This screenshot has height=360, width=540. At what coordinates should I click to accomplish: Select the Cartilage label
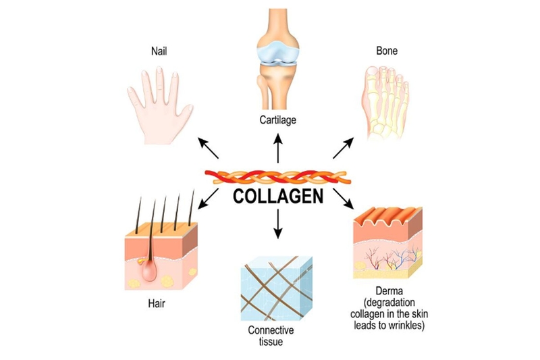click(277, 121)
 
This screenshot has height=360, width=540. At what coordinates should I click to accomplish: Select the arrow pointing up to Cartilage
click(277, 148)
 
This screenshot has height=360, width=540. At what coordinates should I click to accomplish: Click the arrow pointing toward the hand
click(207, 145)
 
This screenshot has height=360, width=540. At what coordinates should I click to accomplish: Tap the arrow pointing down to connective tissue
click(277, 226)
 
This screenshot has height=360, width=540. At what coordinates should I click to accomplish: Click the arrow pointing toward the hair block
click(211, 195)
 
